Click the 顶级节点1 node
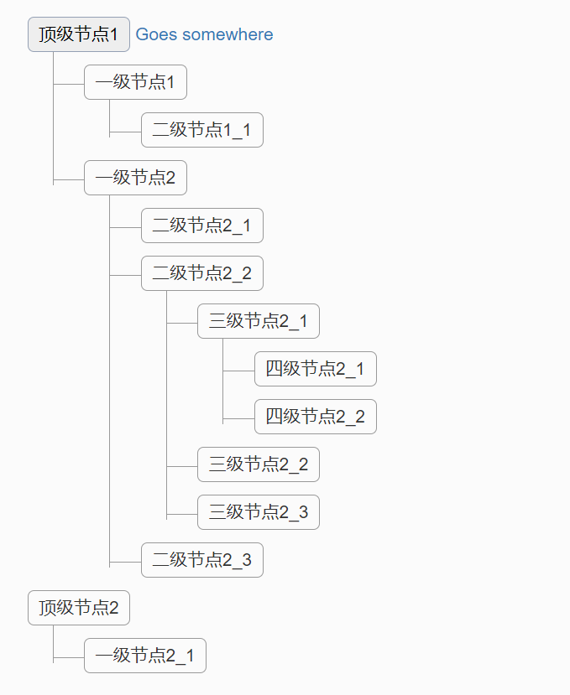pyautogui.click(x=78, y=34)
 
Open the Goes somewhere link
pyautogui.click(x=204, y=34)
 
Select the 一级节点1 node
pyautogui.click(x=134, y=82)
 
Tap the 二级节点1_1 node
pyautogui.click(x=201, y=130)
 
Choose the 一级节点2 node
pyautogui.click(x=134, y=178)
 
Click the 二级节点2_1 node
pyautogui.click(x=201, y=226)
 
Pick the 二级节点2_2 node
pyautogui.click(x=201, y=273)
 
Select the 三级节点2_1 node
pyautogui.click(x=258, y=321)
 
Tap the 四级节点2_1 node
pyautogui.click(x=315, y=369)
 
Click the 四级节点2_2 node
pyautogui.click(x=315, y=417)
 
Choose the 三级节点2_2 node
pyautogui.click(x=258, y=464)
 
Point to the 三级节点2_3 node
pyautogui.click(x=258, y=512)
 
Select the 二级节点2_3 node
pyautogui.click(x=201, y=560)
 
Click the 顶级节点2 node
pyautogui.click(x=78, y=608)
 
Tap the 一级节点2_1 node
pyautogui.click(x=144, y=656)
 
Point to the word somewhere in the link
pyautogui.click(x=227, y=34)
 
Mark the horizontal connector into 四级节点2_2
pyautogui.click(x=239, y=417)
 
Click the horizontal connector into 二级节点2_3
pyautogui.click(x=125, y=560)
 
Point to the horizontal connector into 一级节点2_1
pyautogui.click(x=69, y=656)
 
